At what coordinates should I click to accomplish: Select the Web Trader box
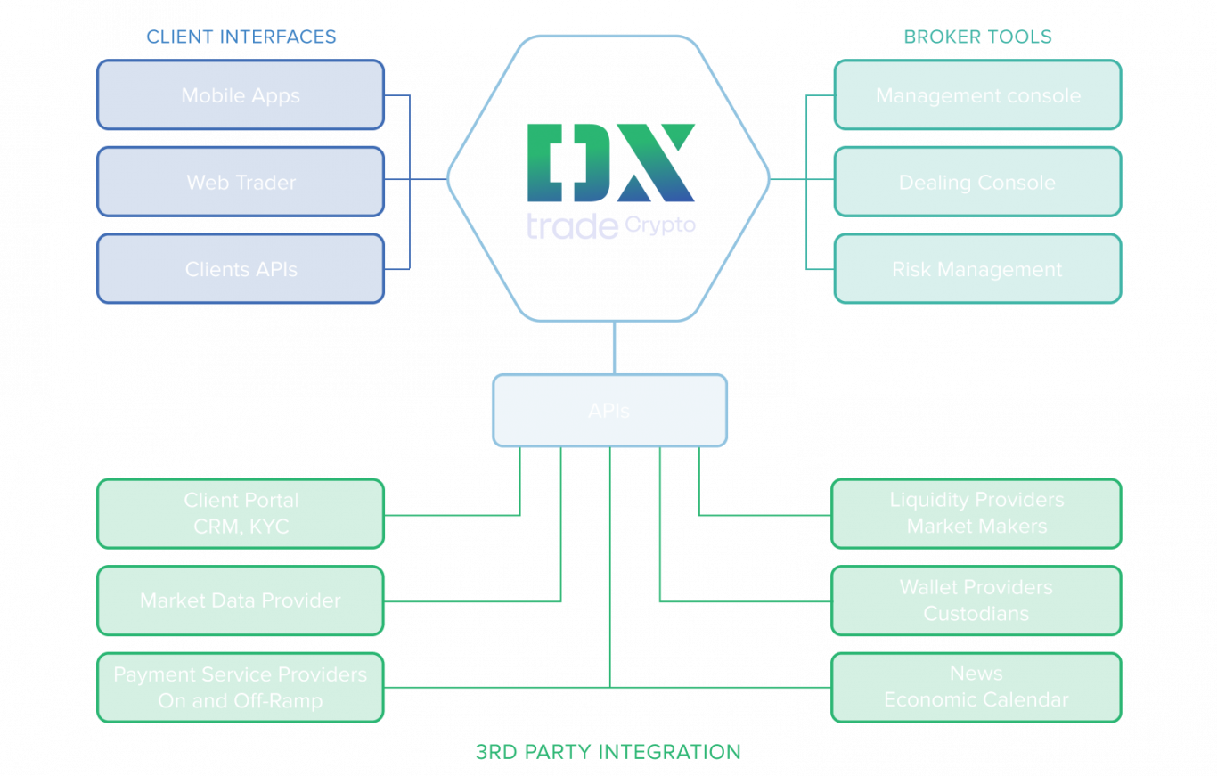point(241,182)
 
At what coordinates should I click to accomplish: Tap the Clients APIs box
point(241,269)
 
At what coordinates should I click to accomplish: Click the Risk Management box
point(977,269)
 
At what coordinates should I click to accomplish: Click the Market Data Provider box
point(241,600)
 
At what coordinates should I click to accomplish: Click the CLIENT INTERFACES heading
point(241,37)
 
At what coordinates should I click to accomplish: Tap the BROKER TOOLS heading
point(977,37)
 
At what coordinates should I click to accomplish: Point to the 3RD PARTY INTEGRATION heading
point(608,751)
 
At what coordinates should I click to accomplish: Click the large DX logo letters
point(610,162)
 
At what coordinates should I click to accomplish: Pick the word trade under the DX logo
point(572,226)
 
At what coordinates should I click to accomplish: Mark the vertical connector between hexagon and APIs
point(613,347)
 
